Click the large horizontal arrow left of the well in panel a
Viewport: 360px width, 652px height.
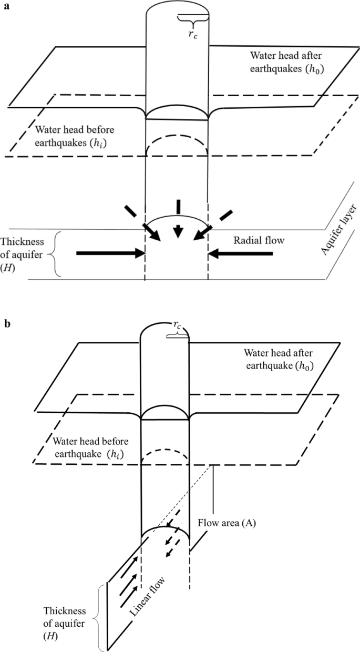[110, 253]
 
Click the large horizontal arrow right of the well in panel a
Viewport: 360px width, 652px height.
[241, 254]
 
